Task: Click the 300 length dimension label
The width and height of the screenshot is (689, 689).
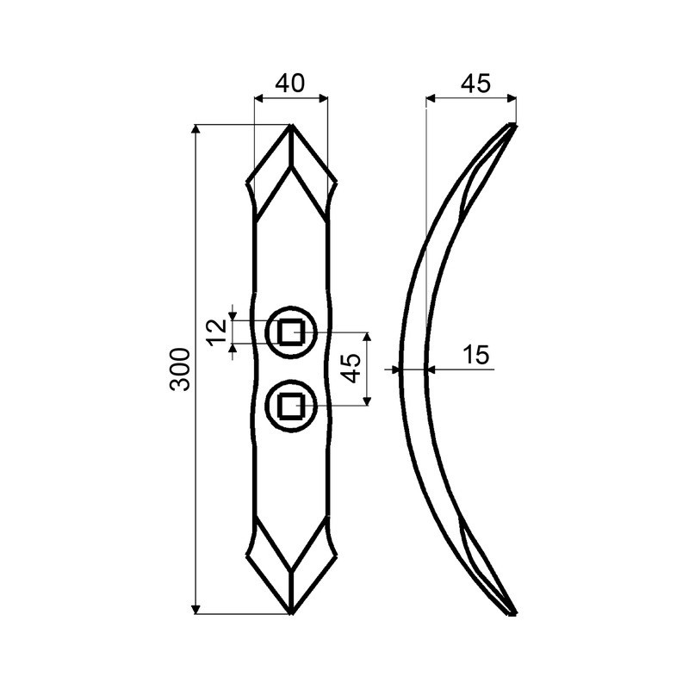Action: point(179,369)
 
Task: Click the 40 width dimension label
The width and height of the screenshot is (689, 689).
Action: point(292,84)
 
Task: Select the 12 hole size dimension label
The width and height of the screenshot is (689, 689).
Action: point(219,332)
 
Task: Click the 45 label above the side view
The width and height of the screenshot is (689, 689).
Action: point(475,84)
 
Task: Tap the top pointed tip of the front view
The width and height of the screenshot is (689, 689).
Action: point(292,127)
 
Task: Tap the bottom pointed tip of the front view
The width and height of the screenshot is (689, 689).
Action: point(292,613)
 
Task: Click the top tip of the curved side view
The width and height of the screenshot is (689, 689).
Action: point(513,127)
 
